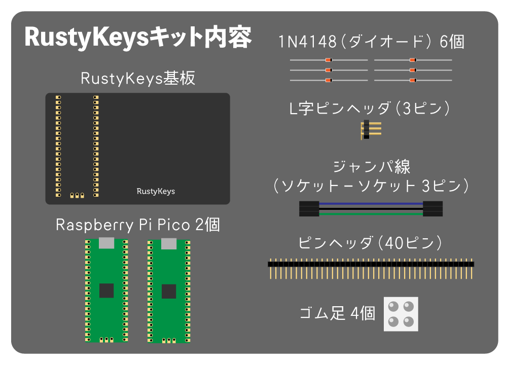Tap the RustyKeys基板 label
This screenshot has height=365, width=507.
tap(138, 79)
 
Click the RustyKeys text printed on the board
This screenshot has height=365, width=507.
tap(156, 191)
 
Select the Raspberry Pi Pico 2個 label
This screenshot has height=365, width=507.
tap(138, 225)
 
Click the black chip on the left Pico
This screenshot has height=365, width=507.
tap(106, 290)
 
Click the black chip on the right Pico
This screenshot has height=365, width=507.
tap(169, 291)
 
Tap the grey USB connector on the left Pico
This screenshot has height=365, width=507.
tap(106, 243)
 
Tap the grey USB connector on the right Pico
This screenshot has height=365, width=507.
tap(169, 244)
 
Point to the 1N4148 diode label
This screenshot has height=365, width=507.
tap(371, 42)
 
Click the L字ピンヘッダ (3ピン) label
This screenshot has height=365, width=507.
tap(371, 108)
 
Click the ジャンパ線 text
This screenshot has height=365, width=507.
tap(372, 167)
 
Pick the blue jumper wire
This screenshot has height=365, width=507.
tap(371, 203)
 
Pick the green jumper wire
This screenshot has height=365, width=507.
tap(371, 213)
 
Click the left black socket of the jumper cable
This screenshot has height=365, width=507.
tap(309, 208)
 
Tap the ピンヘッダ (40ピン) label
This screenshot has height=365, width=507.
tap(371, 243)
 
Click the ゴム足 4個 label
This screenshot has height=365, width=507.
tap(337, 313)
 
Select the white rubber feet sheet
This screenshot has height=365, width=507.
tap(401, 314)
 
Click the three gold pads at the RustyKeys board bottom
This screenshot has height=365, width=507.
tap(77, 195)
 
